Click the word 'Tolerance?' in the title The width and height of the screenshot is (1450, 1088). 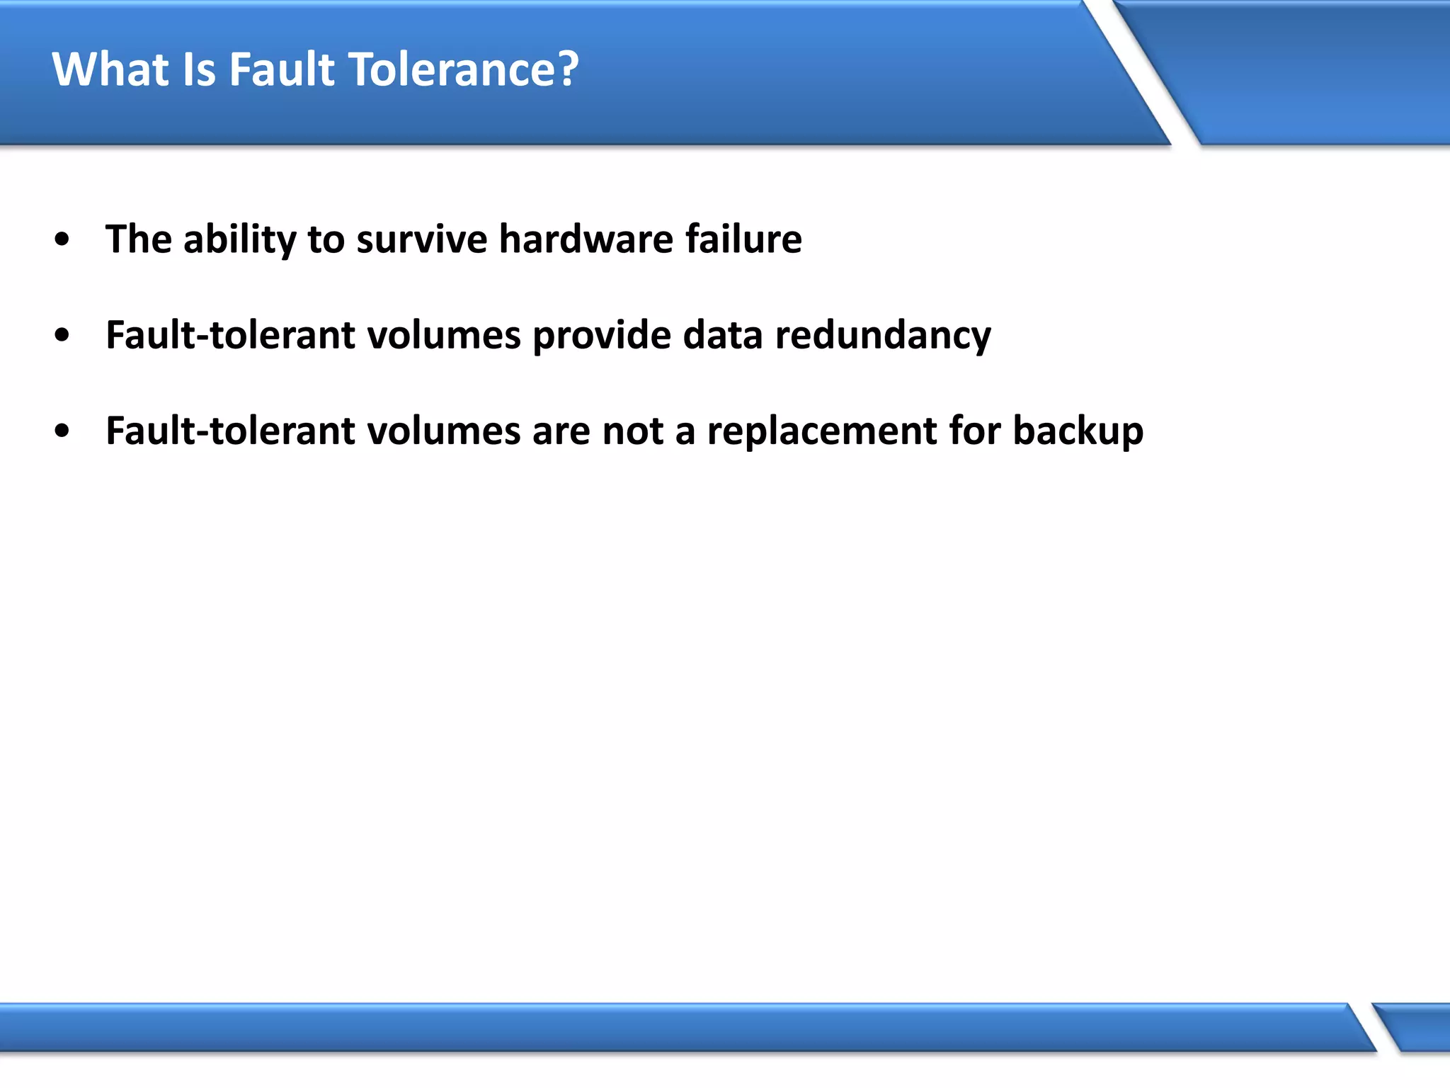click(x=464, y=69)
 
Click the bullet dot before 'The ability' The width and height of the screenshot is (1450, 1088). click(x=62, y=239)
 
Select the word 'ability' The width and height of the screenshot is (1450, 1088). click(x=239, y=239)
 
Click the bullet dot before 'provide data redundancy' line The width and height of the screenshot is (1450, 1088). click(x=62, y=335)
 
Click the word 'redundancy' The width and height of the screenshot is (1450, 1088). click(x=883, y=335)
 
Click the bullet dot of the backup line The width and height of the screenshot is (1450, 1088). click(x=62, y=431)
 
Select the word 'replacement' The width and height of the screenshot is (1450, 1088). click(x=822, y=431)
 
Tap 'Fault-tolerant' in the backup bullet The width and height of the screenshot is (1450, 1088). click(x=230, y=431)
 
